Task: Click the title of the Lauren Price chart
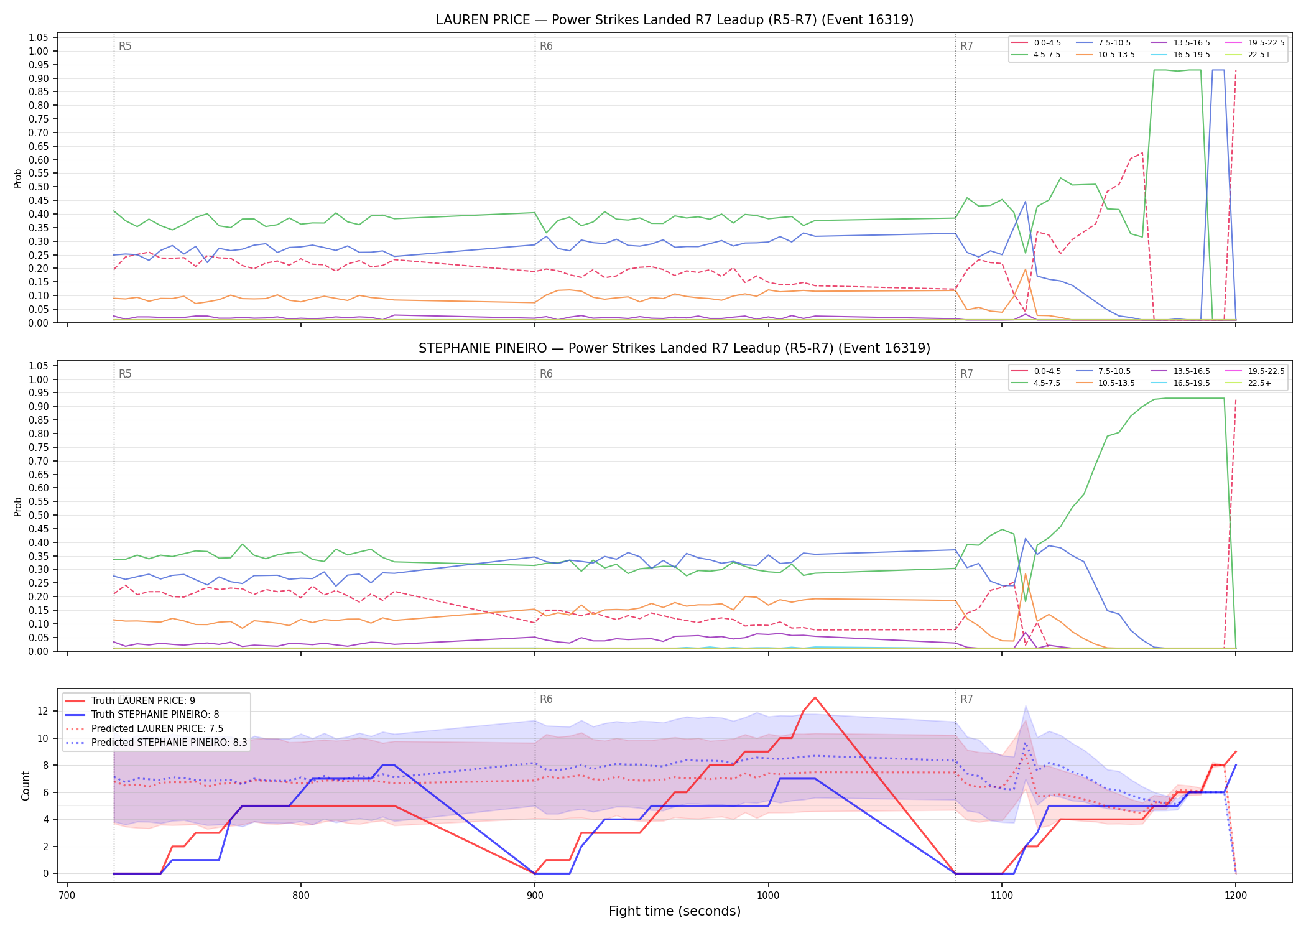(x=675, y=20)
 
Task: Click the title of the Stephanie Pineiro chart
(x=675, y=348)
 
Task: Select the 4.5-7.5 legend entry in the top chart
(x=1036, y=55)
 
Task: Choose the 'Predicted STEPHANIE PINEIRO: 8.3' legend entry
(x=156, y=742)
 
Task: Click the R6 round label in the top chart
(x=546, y=46)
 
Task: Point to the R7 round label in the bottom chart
(x=966, y=699)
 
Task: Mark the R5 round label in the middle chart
(x=125, y=374)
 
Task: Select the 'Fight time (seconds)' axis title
(x=675, y=911)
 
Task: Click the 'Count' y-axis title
(x=25, y=786)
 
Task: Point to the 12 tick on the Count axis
(x=44, y=711)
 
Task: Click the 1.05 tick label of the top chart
(x=39, y=37)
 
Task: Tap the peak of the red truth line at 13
(x=815, y=697)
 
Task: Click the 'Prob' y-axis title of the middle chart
(x=18, y=506)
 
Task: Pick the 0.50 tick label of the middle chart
(x=39, y=515)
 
